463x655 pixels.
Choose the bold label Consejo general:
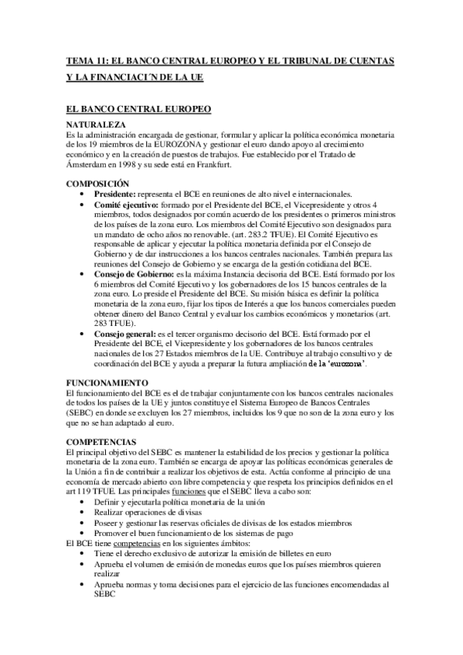(125, 334)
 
